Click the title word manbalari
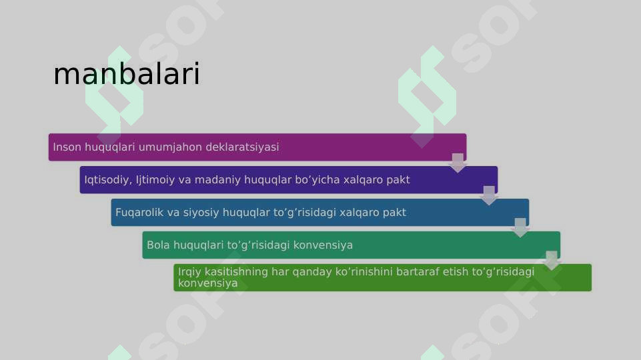[126, 75]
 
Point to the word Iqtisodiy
[107, 180]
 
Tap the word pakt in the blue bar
[394, 213]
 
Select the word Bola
[159, 245]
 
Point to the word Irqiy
[190, 272]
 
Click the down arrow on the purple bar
[458, 162]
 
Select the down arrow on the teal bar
[552, 260]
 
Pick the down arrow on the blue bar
[520, 227]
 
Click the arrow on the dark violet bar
[489, 195]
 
